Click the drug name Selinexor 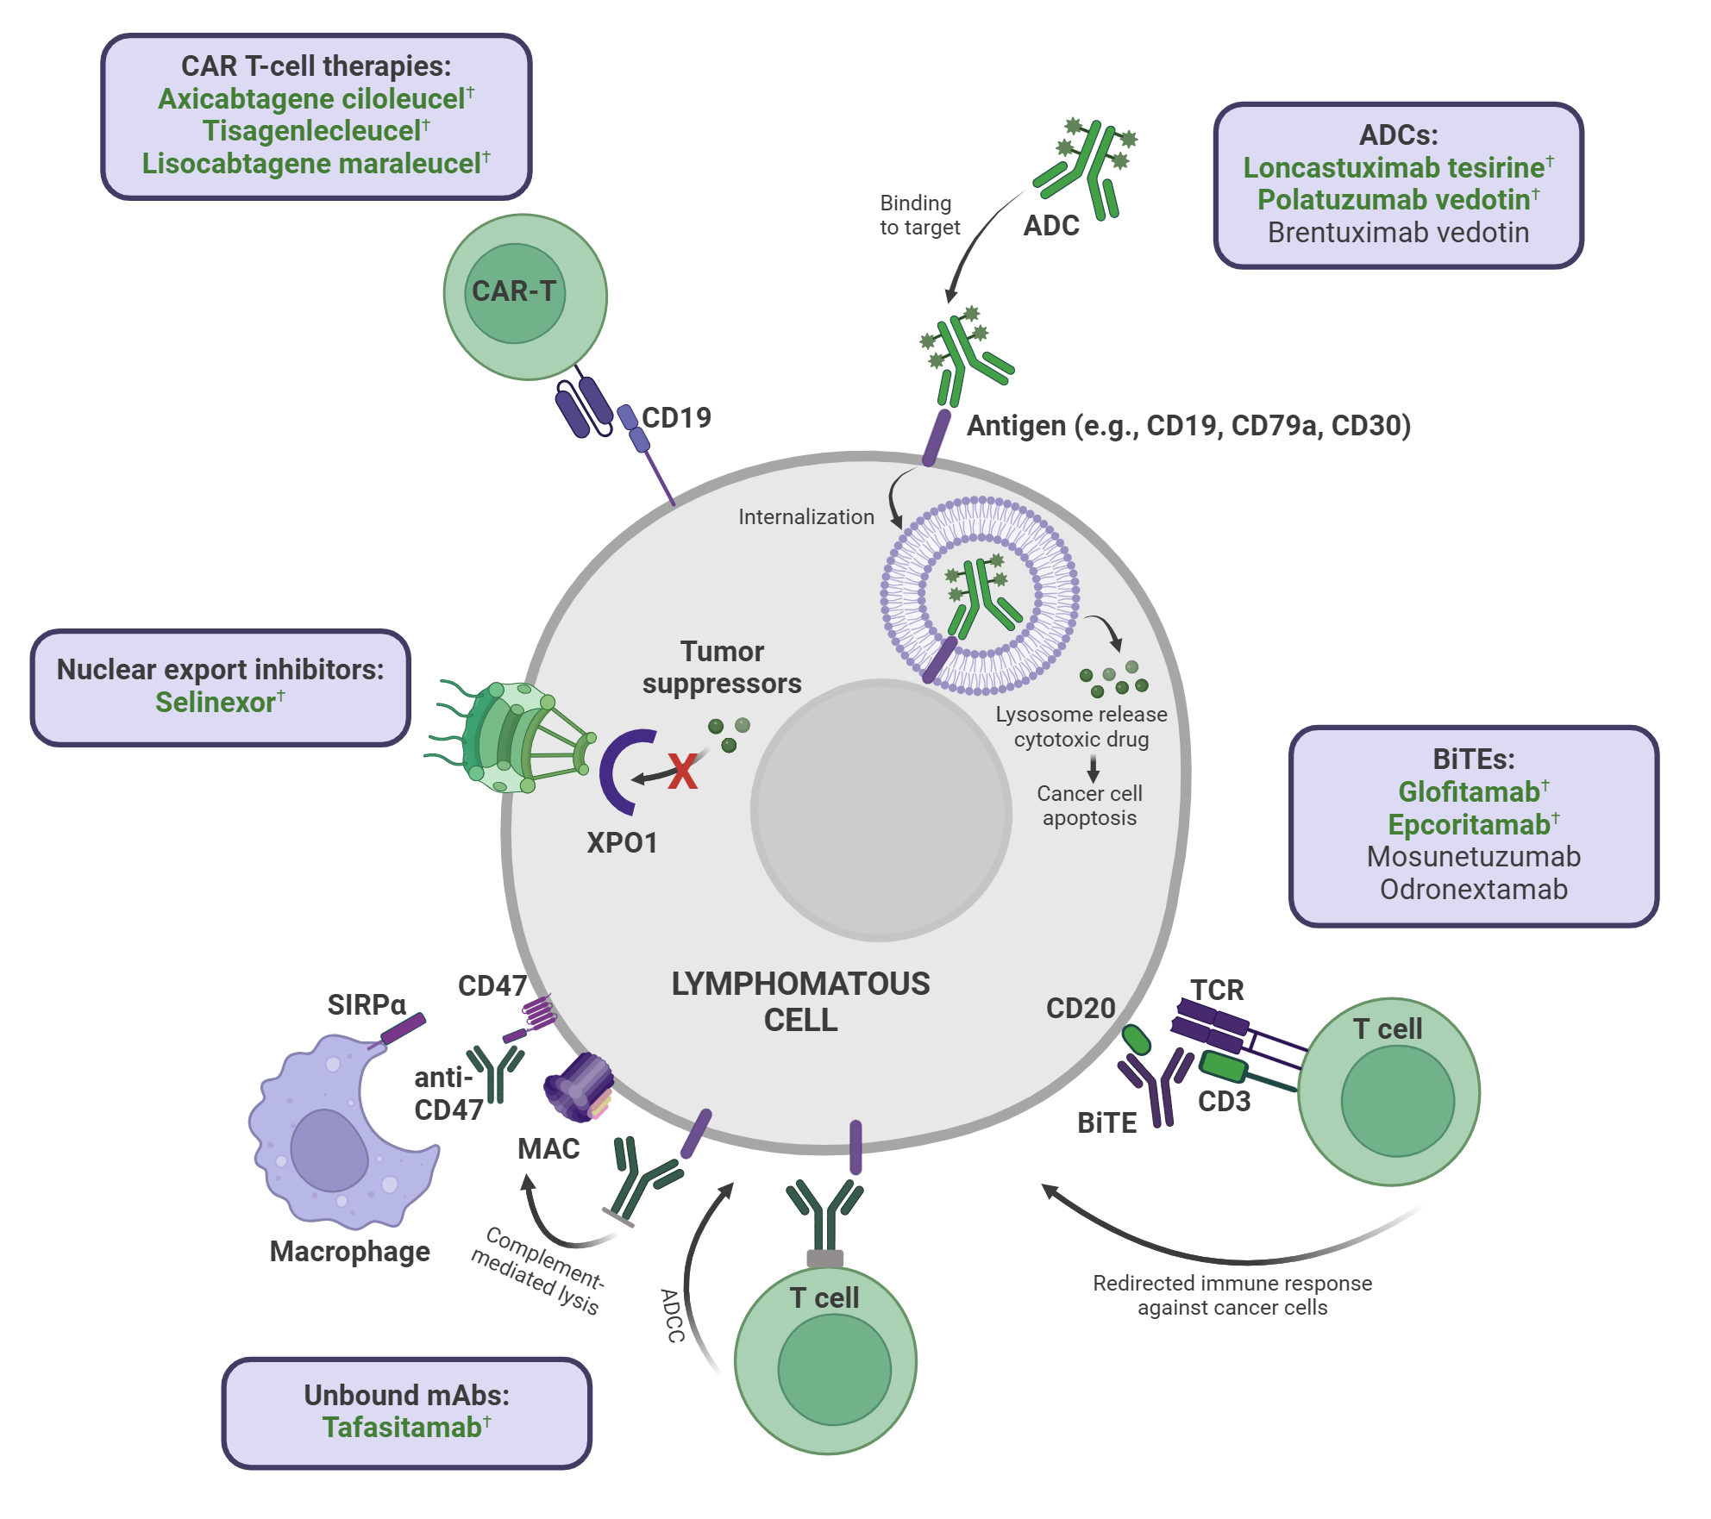(216, 703)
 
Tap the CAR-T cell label (514, 291)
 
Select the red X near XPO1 (682, 772)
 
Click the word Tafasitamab (402, 1428)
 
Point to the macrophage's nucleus (329, 1149)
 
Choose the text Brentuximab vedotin (1398, 233)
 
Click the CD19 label (677, 418)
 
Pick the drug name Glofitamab (1469, 791)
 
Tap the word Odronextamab (1474, 890)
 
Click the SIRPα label (367, 1005)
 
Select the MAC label (548, 1149)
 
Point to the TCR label (1217, 991)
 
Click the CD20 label (1081, 1009)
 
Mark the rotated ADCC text (673, 1316)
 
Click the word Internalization (806, 517)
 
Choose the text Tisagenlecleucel (311, 131)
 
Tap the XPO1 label (622, 843)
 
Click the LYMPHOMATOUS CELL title (800, 1002)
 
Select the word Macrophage (349, 1252)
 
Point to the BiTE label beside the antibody (1106, 1123)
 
